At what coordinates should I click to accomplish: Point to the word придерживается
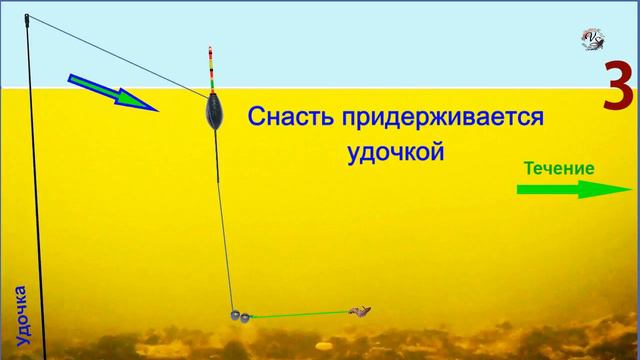tap(441, 118)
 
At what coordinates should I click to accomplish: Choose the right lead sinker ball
tap(245, 317)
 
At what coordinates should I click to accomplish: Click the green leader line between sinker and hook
tap(300, 315)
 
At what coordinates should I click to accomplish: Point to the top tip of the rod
tap(26, 17)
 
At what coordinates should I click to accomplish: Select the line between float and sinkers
tap(225, 220)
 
